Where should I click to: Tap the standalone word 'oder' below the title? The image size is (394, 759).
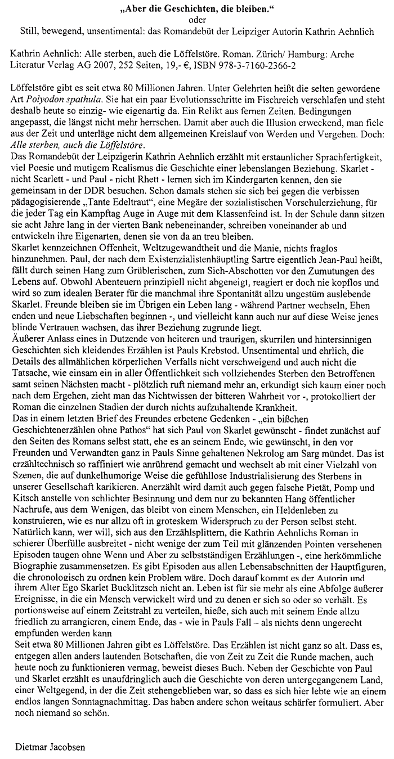click(x=197, y=21)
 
